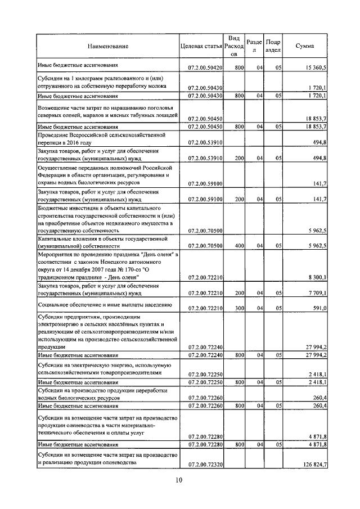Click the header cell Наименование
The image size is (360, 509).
[x=107, y=46]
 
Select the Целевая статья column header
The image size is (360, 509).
[x=201, y=46]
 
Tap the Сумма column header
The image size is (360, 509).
[x=305, y=46]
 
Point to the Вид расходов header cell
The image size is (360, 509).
[x=235, y=46]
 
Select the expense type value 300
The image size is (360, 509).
[x=238, y=308]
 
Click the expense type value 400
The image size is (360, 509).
[x=238, y=246]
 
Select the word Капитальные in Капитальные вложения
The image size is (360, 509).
[x=55, y=239]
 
